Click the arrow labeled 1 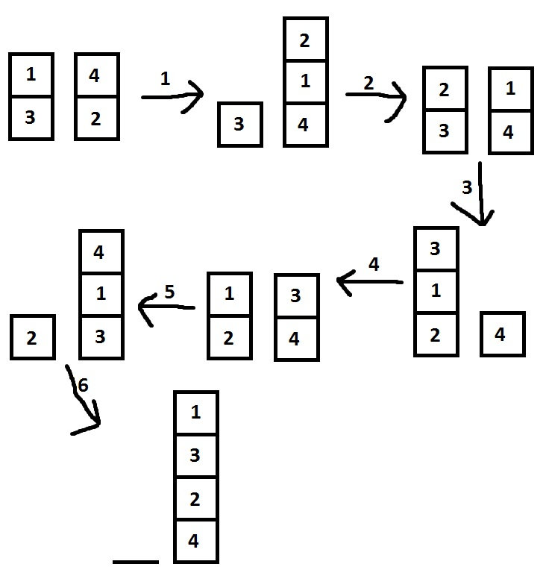(173, 95)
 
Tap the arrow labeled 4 (370, 282)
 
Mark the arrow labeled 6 (84, 399)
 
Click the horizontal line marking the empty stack (136, 561)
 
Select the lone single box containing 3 (239, 124)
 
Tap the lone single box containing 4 (502, 335)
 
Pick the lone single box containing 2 (32, 337)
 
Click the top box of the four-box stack (195, 413)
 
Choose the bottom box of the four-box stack (195, 541)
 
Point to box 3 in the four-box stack (195, 455)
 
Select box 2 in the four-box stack (195, 498)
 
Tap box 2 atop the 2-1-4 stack (305, 40)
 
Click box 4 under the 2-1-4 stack (305, 125)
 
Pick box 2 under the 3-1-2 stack (436, 334)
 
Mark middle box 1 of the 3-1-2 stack (436, 291)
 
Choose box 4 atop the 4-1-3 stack (101, 252)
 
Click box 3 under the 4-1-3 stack (101, 337)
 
